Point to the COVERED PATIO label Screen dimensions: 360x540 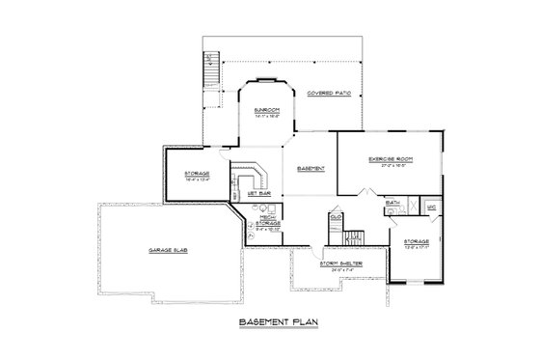329,94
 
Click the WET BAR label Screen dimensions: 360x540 257,193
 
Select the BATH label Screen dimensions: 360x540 392,203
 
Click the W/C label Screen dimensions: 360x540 431,207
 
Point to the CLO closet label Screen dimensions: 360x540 336,217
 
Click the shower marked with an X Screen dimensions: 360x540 409,206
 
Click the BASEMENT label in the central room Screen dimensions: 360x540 310,169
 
